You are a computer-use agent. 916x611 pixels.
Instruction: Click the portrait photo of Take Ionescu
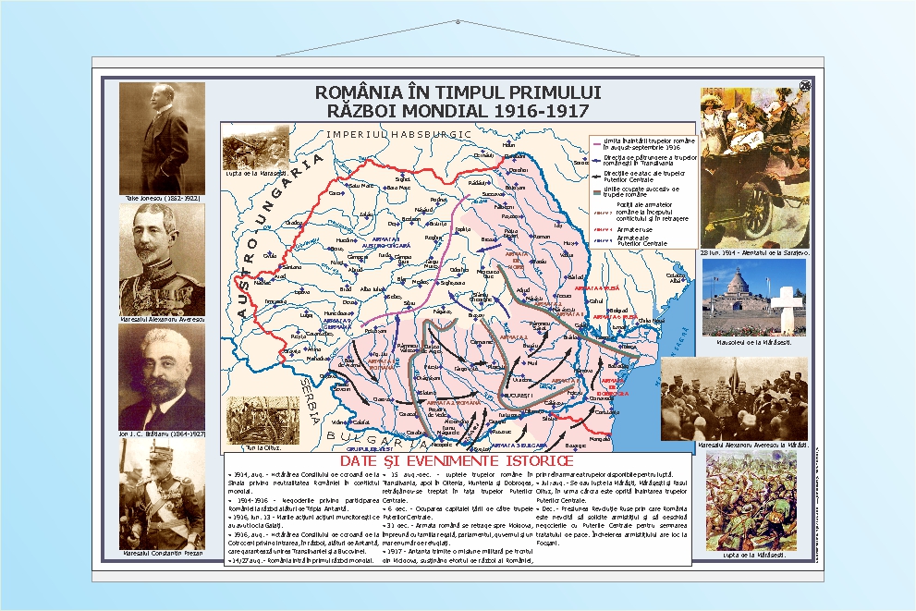coord(162,138)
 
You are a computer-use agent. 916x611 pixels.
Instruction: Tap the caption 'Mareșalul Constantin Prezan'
coord(162,554)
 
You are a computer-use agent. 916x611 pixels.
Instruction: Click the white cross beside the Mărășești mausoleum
coord(786,309)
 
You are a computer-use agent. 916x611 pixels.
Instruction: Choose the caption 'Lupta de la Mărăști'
coord(751,555)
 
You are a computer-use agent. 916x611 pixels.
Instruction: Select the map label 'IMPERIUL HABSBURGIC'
coord(398,134)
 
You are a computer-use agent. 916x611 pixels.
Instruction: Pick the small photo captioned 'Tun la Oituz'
coord(250,421)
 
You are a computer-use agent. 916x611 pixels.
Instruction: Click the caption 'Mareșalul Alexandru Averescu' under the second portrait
coord(162,319)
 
